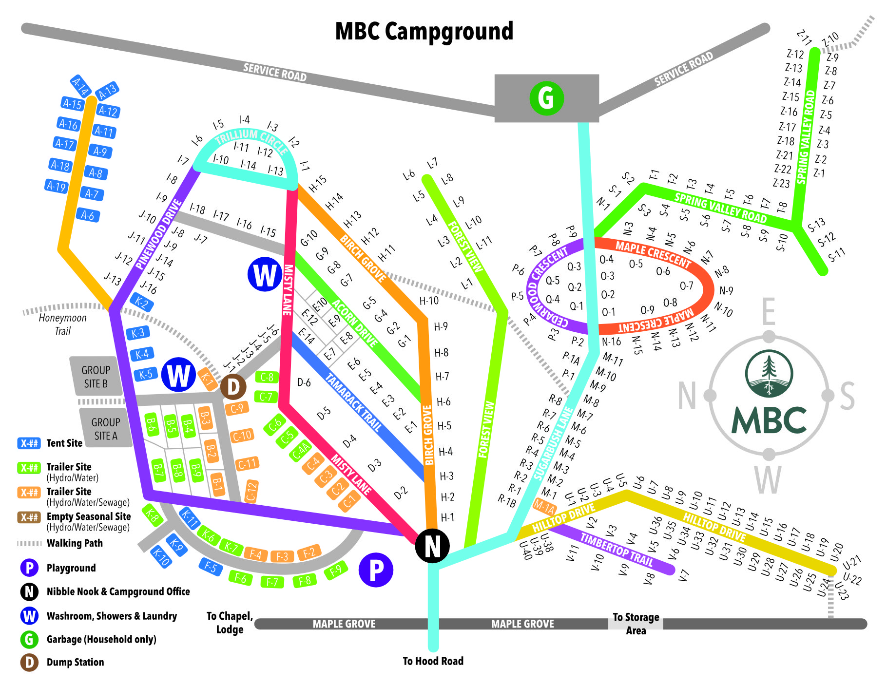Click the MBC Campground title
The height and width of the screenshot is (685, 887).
[x=424, y=31]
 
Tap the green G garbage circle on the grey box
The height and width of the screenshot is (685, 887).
[x=546, y=98]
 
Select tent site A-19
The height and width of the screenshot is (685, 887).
[x=56, y=186]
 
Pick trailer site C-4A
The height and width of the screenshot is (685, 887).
[x=300, y=451]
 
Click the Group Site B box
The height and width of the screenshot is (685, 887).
[x=96, y=377]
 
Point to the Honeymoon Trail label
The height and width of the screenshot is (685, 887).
[x=62, y=324]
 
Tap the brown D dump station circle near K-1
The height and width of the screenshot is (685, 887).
[x=233, y=387]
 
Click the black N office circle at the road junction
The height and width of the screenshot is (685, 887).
[x=432, y=546]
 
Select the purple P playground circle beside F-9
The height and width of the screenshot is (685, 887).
[x=376, y=570]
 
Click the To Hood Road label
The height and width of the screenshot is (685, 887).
[x=433, y=661]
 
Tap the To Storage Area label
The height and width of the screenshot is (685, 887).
[x=636, y=624]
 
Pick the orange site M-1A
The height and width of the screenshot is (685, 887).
[x=544, y=507]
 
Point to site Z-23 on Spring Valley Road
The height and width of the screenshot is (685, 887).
[x=781, y=183]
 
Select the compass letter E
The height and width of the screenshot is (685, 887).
[x=768, y=312]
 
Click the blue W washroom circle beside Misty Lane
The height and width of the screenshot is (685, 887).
[x=265, y=275]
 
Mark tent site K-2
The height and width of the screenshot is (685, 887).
[x=142, y=303]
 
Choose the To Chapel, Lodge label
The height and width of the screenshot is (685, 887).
[x=230, y=623]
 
